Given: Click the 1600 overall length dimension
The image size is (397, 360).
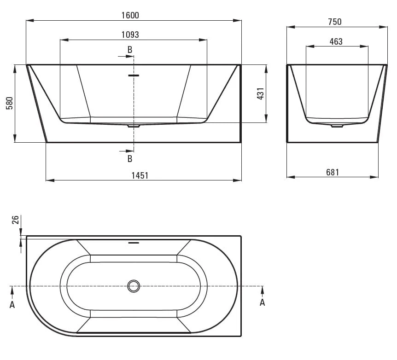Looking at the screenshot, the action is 130,16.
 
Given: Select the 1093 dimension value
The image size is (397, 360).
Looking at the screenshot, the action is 130,35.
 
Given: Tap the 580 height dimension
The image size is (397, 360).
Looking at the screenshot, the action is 10,103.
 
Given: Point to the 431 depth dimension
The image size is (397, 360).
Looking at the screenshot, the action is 261,93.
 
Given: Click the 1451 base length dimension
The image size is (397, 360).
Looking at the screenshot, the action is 140,175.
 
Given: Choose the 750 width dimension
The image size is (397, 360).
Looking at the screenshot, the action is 335,22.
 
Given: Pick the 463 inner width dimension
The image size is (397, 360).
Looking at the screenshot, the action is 336,41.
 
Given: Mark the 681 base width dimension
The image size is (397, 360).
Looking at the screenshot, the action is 333,173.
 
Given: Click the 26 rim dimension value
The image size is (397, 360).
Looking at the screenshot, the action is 16,220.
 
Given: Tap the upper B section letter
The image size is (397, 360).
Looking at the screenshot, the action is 130,50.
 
